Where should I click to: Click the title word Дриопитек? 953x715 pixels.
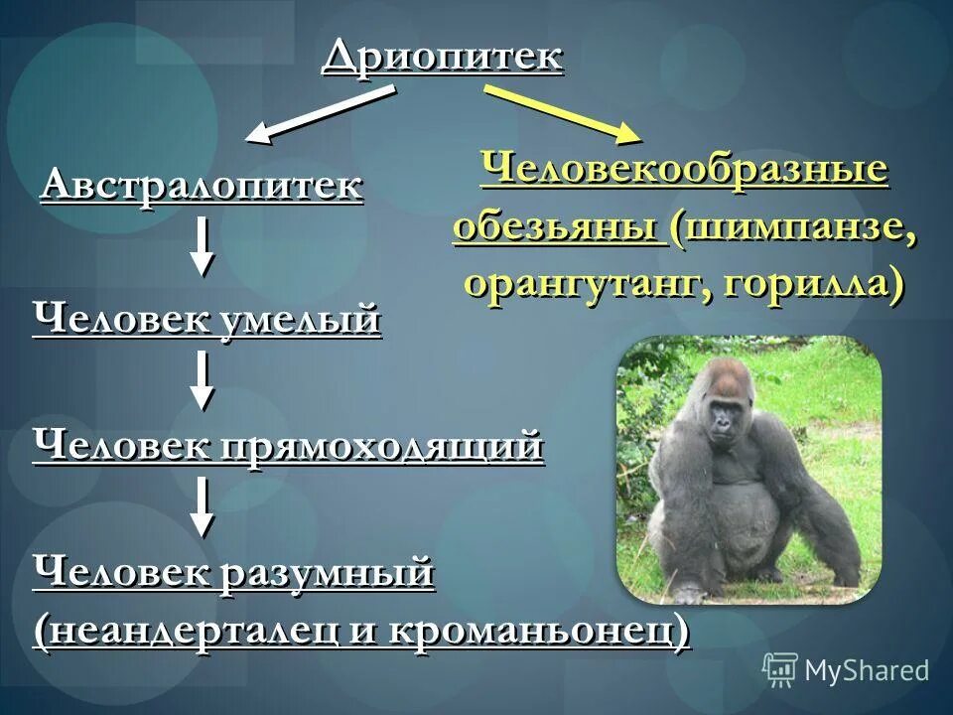click(443, 57)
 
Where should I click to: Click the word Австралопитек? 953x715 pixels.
click(202, 186)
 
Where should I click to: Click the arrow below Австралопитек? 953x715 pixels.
click(203, 245)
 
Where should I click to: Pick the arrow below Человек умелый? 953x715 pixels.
click(203, 379)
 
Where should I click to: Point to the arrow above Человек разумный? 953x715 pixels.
click(203, 506)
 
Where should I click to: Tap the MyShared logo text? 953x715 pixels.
click(866, 670)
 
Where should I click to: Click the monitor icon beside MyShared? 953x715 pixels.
click(780, 670)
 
